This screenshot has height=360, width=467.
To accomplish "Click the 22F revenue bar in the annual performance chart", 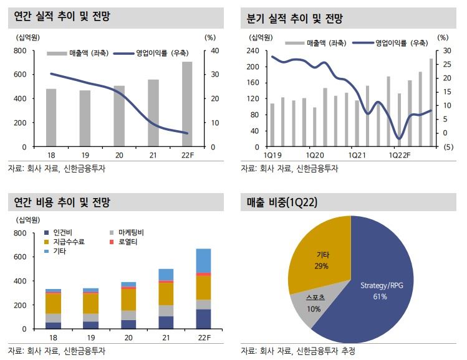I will [x=187, y=104].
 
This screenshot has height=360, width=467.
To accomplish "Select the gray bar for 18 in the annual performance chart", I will [x=51, y=118].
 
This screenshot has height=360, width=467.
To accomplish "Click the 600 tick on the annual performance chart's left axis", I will [x=20, y=74].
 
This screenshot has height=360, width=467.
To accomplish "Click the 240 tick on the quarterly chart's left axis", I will [x=253, y=50].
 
